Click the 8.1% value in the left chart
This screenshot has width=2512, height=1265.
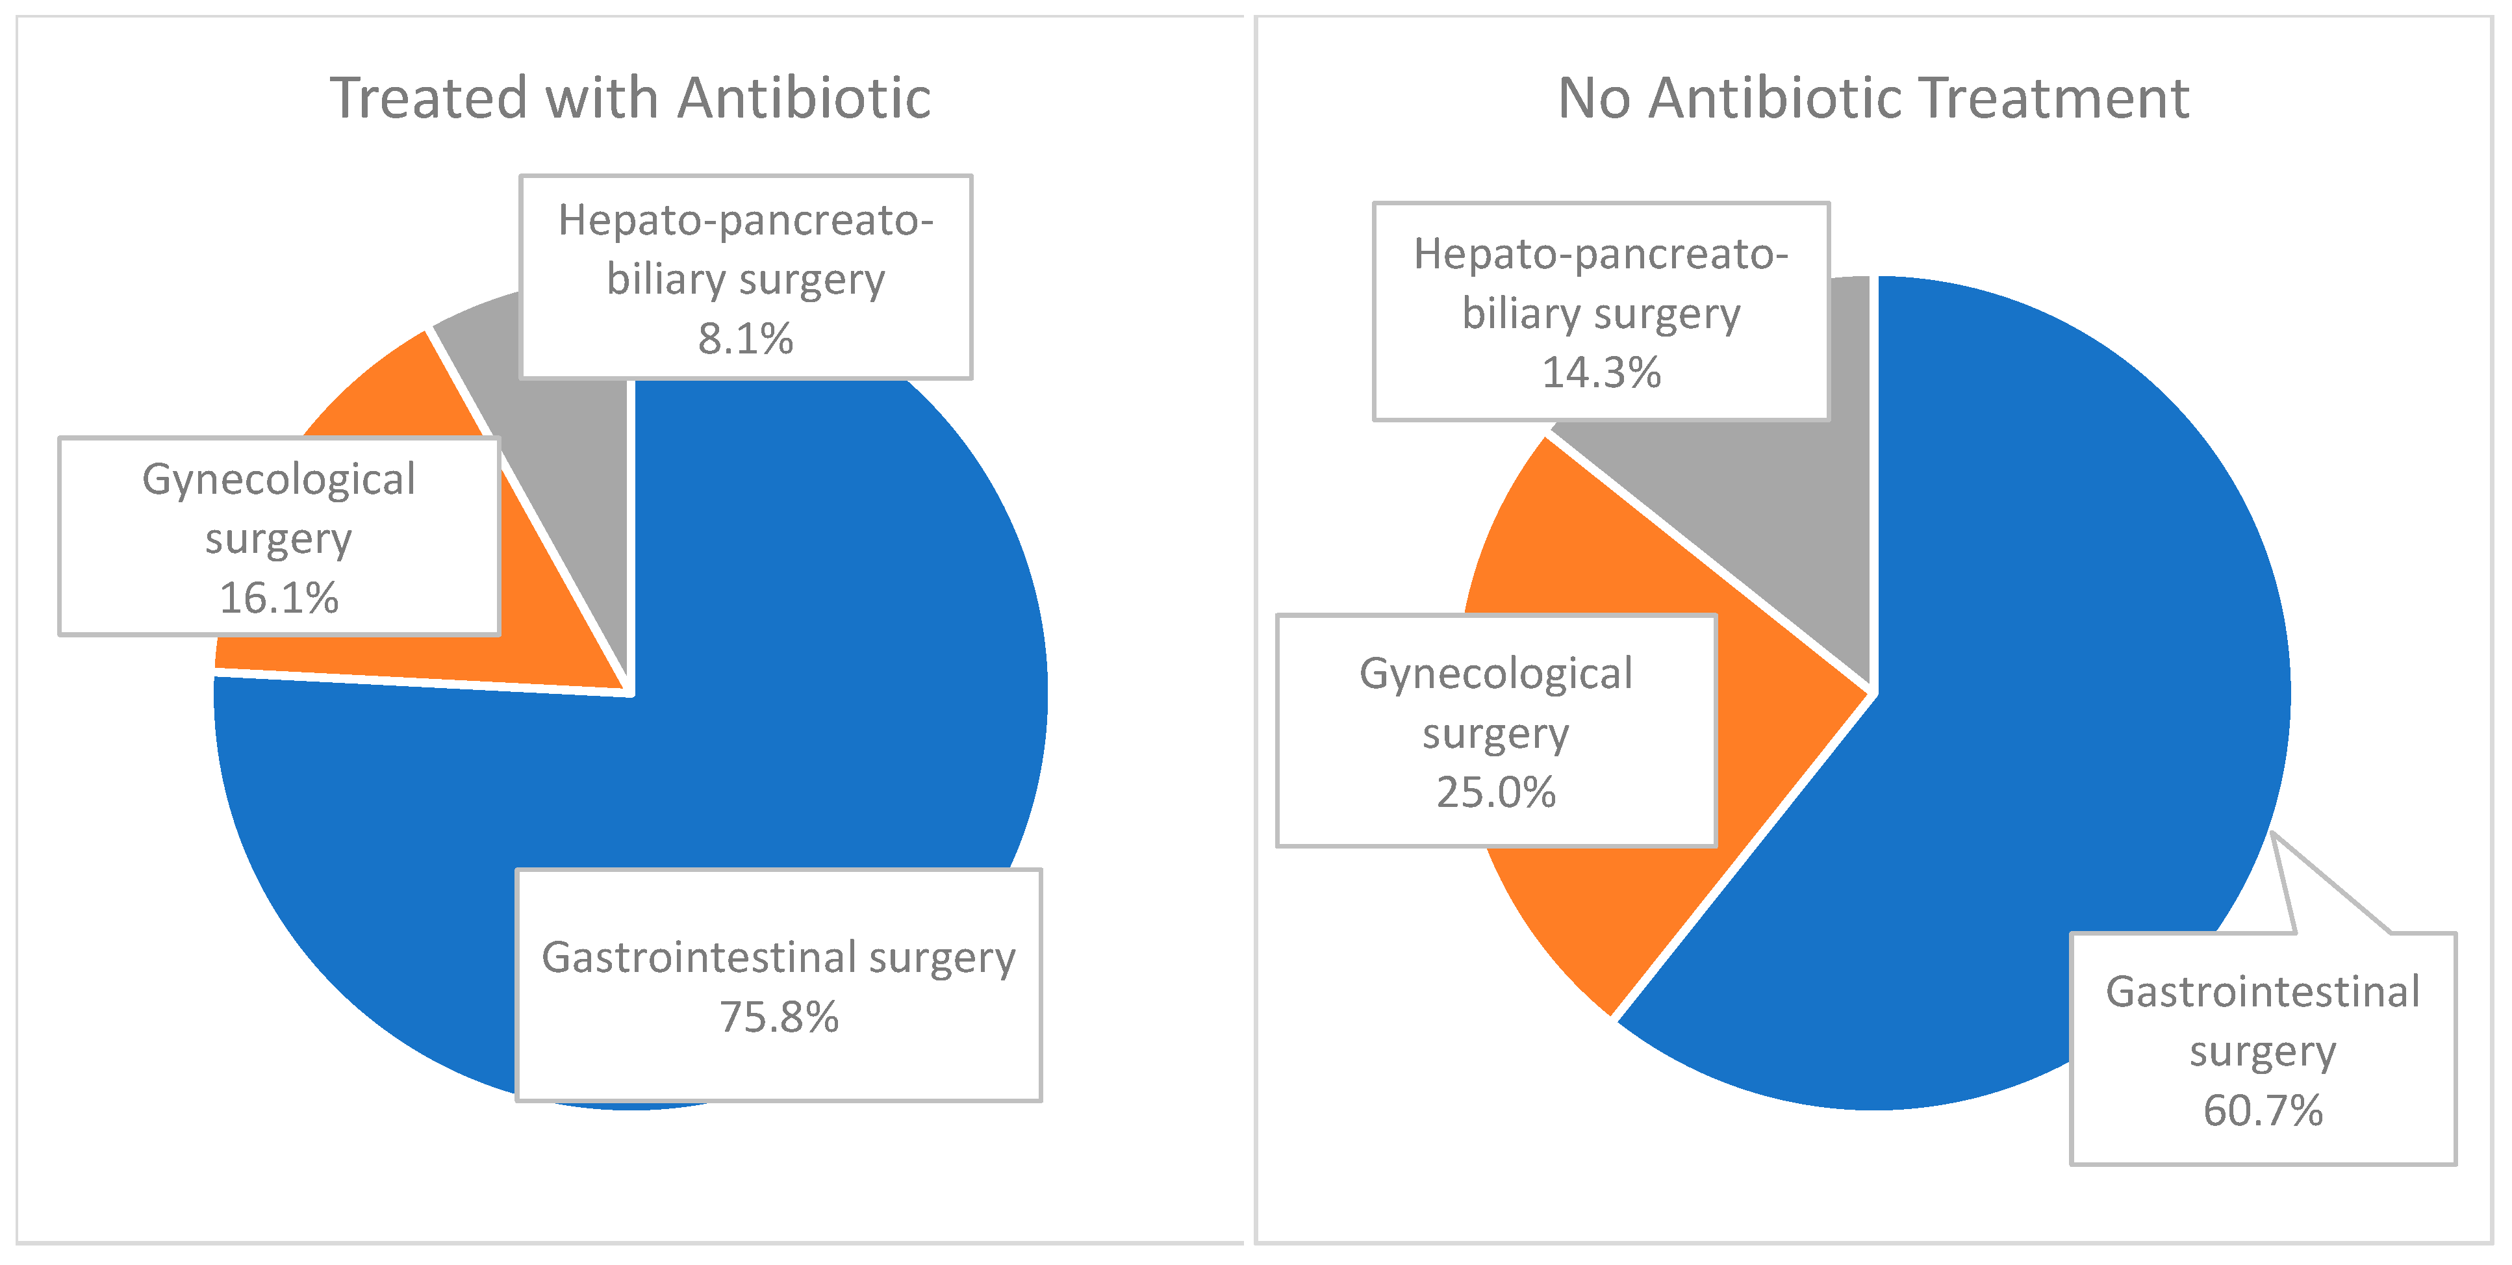tap(745, 339)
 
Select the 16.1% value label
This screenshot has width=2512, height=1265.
tap(279, 598)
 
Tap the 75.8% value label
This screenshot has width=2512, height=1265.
tap(778, 1017)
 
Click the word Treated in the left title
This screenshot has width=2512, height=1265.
tap(428, 99)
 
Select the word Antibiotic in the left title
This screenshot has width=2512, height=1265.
tap(804, 99)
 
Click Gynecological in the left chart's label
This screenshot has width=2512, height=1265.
tap(279, 480)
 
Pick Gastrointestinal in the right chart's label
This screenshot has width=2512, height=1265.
tap(2263, 993)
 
